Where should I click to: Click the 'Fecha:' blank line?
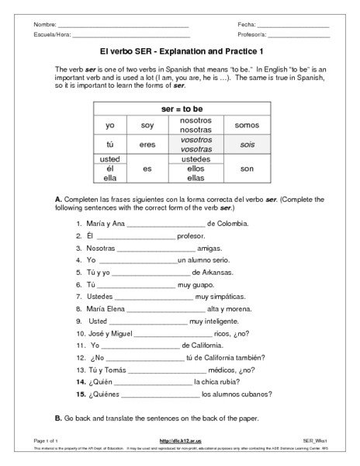[295, 27]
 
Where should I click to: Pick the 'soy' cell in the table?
[147, 125]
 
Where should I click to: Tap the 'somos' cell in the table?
[247, 125]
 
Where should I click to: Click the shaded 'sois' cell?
[247, 144]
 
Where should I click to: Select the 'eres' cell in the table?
[147, 144]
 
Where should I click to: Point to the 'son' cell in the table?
[247, 169]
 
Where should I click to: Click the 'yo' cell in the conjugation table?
[109, 125]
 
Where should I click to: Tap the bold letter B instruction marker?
[59, 418]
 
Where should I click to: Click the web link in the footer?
[180, 441]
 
